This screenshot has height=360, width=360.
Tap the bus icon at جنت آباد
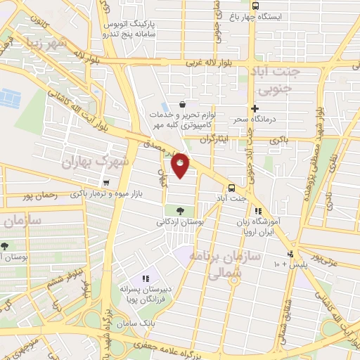click(232, 188)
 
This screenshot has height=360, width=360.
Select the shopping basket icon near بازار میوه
click(105, 183)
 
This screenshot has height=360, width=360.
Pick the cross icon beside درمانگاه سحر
click(255, 108)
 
